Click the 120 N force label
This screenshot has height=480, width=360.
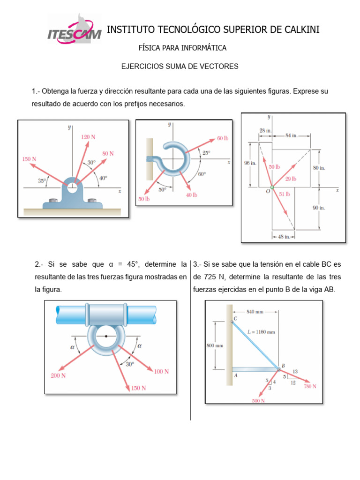pos(88,137)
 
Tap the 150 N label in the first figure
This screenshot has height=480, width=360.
pos(29,159)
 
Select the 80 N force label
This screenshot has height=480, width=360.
pos(108,153)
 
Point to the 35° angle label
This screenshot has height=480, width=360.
pos(42,180)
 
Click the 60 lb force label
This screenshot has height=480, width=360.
pos(222,139)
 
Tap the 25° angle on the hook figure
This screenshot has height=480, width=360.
pos(206,153)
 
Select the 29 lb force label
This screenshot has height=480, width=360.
pos(291,179)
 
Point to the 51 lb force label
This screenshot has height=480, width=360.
pos(285,194)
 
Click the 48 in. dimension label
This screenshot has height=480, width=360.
pos(284,237)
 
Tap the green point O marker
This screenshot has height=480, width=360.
pos(272,187)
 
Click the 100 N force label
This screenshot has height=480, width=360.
pos(161,371)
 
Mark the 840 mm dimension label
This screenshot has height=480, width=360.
pos(256,311)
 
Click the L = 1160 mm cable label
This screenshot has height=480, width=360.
pos(261,332)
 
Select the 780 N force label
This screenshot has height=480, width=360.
pos(310,386)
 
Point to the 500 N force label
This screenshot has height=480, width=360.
pos(258,401)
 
